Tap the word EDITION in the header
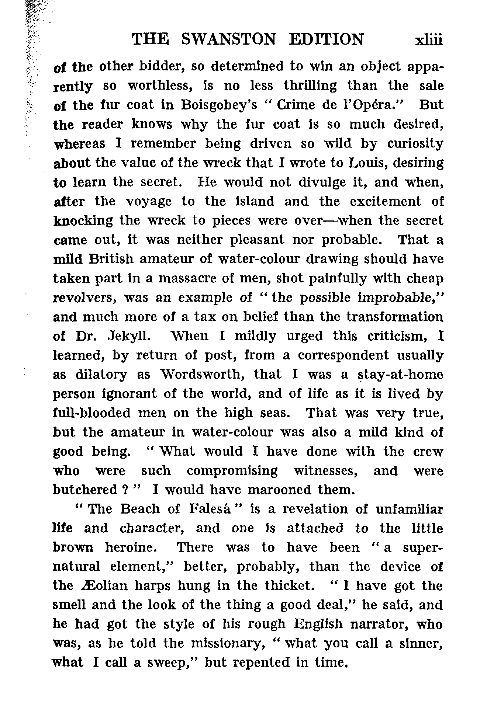click(327, 39)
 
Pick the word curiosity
click(415, 144)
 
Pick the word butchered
click(85, 490)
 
